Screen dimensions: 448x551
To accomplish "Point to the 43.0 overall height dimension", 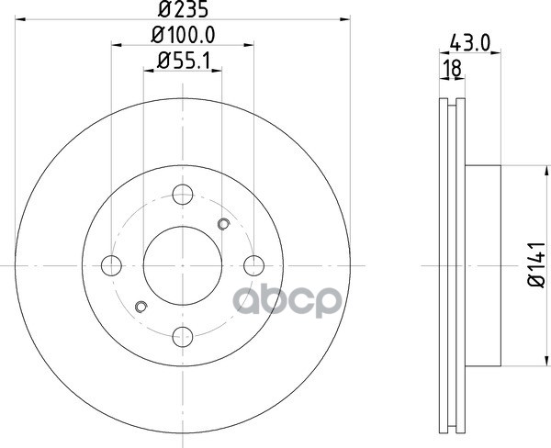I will pyautogui.click(x=468, y=42).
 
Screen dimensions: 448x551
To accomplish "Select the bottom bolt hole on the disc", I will pyautogui.click(x=183, y=336).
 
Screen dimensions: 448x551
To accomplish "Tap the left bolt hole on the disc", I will pyautogui.click(x=111, y=265).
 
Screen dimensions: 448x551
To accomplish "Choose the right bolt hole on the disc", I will pyautogui.click(x=254, y=265).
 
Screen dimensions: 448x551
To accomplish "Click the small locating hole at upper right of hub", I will pyautogui.click(x=222, y=223).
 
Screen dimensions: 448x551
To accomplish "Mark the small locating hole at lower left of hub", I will pyautogui.click(x=141, y=307).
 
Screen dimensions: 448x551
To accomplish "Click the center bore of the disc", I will pyautogui.click(x=183, y=264).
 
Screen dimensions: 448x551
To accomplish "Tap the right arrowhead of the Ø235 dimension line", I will pyautogui.click(x=346, y=17).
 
